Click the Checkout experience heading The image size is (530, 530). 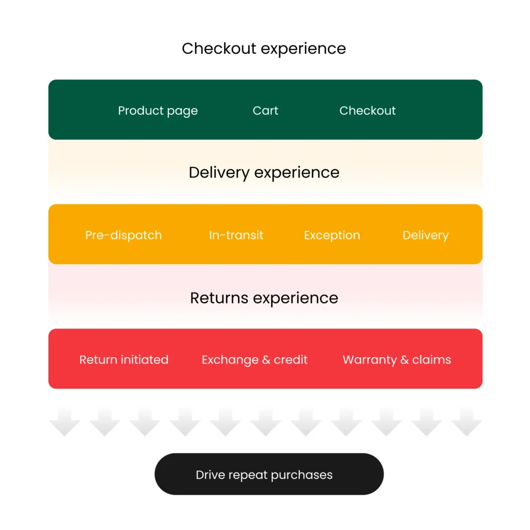[264, 49]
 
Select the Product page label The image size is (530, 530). [158, 111]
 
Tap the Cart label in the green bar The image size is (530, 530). [266, 111]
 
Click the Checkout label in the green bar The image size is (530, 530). [367, 111]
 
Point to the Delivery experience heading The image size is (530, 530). [264, 172]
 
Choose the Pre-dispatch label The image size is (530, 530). [124, 235]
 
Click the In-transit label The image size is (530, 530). [236, 235]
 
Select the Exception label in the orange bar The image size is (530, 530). [332, 235]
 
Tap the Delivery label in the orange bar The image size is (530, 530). [425, 235]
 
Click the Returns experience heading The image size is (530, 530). [264, 298]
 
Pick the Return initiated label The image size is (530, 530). [124, 360]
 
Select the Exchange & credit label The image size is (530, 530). [255, 360]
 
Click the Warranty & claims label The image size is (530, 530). [397, 360]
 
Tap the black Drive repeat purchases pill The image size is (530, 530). [269, 474]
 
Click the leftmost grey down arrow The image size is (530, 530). [64, 421]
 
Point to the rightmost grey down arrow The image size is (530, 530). [466, 421]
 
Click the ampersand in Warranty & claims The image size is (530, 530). [404, 360]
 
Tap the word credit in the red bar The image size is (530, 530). [291, 360]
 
